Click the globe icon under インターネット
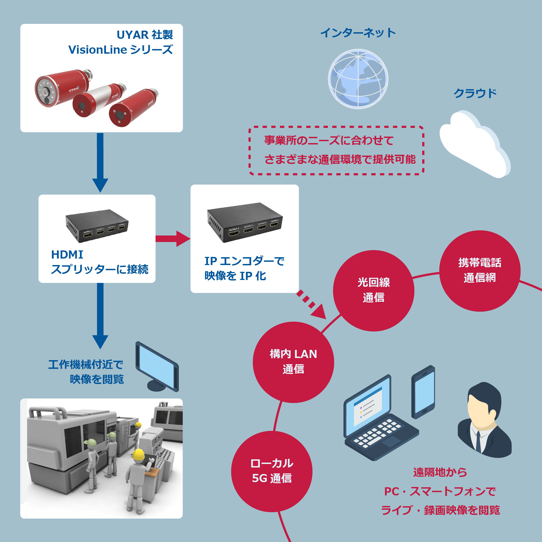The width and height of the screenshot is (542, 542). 358,79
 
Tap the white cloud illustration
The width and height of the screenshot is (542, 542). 474,144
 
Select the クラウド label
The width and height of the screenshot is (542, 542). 475,93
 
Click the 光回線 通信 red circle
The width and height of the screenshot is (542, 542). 373,291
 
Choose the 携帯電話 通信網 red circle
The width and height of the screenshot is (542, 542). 479,271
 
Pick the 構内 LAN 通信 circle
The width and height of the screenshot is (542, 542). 293,362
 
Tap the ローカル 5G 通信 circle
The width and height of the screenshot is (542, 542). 272,471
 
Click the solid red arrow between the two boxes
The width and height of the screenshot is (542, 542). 173,239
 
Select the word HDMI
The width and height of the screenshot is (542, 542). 67,255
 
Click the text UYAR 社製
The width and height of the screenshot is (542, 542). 144,35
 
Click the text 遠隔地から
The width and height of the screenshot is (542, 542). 440,472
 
